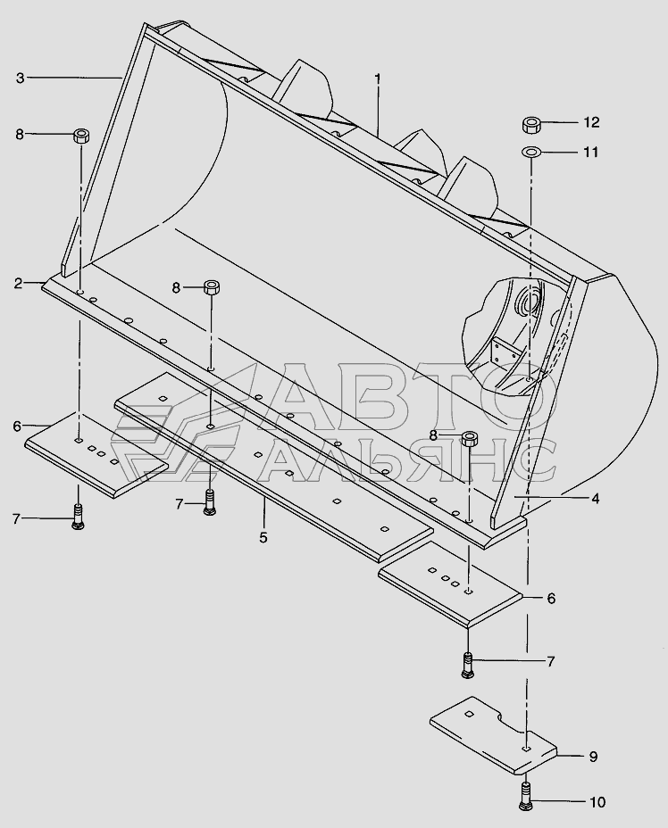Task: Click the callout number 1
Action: (378, 79)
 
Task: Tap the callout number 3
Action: (20, 78)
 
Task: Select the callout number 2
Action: (18, 284)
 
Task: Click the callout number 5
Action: (263, 538)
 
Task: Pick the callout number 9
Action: (592, 757)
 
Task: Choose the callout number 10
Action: (597, 802)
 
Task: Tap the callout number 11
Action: (590, 152)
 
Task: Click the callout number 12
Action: (591, 121)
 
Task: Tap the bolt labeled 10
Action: (525, 795)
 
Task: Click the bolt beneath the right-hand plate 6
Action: (469, 664)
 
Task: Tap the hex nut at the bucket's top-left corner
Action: (80, 137)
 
